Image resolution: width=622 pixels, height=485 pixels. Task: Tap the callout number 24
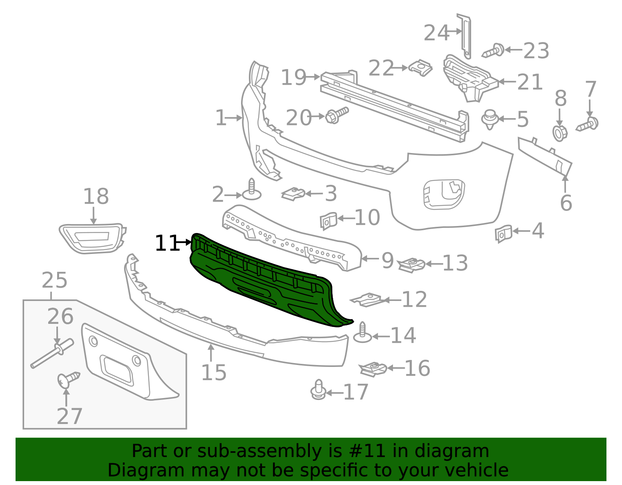(x=436, y=33)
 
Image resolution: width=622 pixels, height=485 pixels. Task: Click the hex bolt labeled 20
(x=336, y=115)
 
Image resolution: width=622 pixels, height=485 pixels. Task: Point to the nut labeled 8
(x=560, y=133)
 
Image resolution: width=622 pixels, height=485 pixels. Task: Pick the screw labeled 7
(x=588, y=125)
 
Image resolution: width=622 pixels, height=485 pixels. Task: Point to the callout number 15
(x=214, y=373)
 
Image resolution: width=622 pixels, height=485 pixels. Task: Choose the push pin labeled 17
(x=318, y=391)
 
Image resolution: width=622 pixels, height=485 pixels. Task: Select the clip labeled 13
(x=412, y=265)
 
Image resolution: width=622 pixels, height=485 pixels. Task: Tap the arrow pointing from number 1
(x=235, y=118)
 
